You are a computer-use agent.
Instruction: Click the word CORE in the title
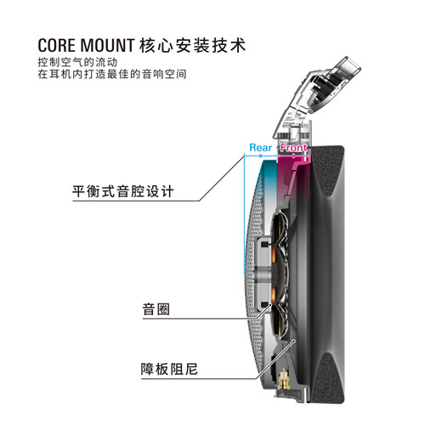coord(57,45)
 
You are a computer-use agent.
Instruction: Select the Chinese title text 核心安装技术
coord(193,45)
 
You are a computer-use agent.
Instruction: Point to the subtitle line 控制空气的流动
coord(77,62)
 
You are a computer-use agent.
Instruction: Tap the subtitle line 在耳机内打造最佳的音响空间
coord(112,74)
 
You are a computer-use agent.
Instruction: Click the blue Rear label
coord(260,147)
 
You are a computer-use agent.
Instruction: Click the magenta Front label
coord(293,147)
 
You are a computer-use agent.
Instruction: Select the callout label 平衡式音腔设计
coord(122,191)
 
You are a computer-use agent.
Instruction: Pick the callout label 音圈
coord(156,309)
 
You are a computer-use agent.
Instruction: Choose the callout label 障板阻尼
coord(169,369)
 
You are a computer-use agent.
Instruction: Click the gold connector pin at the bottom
coord(284,380)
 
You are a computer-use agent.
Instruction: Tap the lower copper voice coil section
coord(274,295)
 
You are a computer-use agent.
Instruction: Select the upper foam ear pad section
coord(329,170)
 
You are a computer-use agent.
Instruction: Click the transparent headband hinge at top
coord(317,91)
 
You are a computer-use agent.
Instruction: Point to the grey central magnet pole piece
coord(261,275)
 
